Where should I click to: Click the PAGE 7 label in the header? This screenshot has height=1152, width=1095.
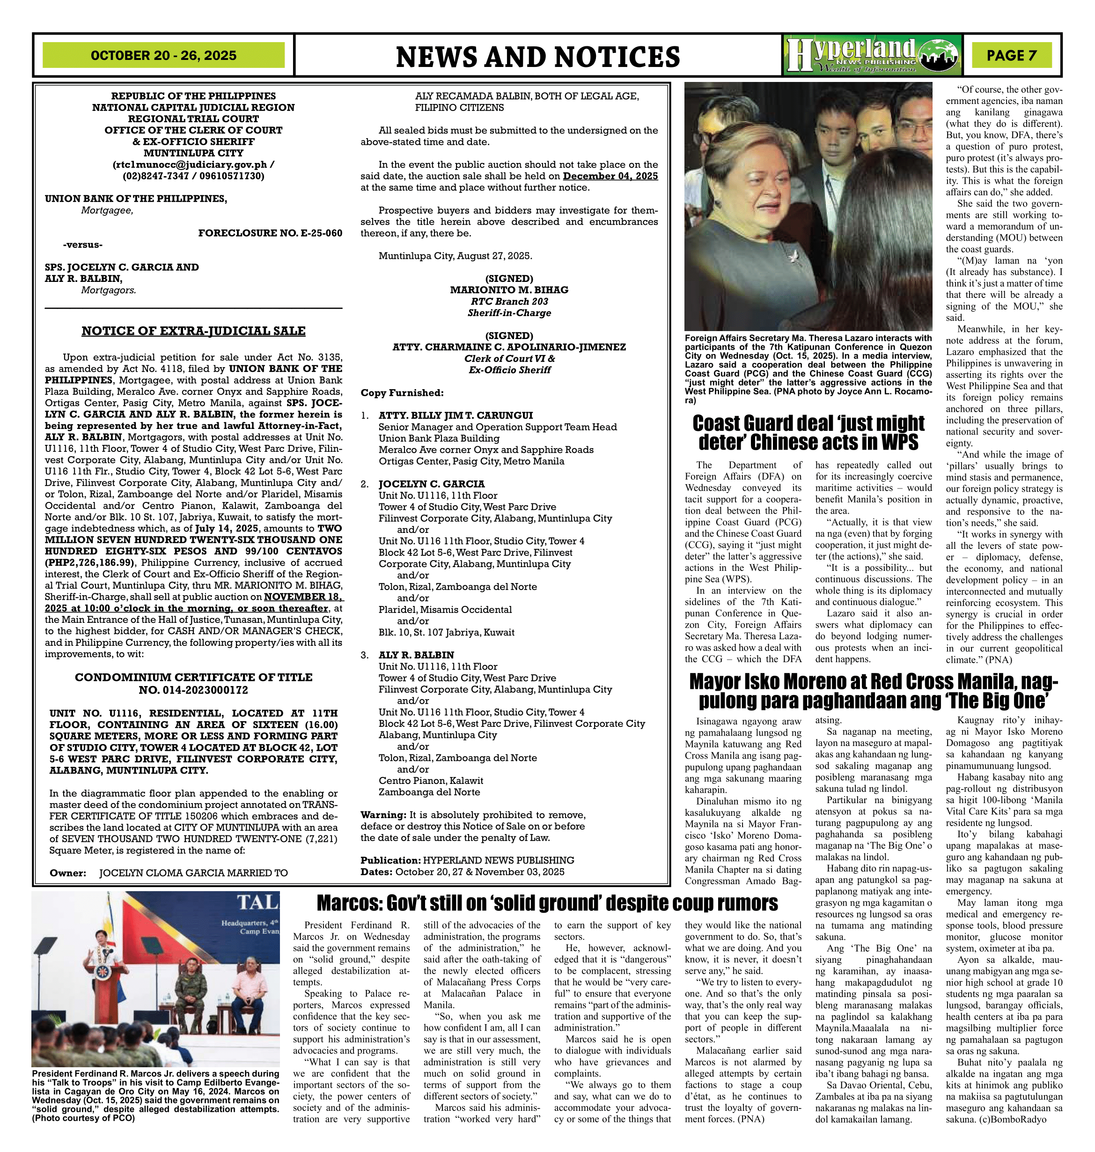point(1012,55)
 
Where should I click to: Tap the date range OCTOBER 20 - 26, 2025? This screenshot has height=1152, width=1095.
point(163,55)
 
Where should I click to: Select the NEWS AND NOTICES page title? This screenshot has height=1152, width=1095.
point(537,57)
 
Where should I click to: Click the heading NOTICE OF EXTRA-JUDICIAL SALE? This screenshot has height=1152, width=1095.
point(193,331)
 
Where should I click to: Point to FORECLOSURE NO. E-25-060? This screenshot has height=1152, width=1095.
point(270,233)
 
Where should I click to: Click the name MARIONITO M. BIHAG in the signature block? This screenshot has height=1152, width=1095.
point(509,289)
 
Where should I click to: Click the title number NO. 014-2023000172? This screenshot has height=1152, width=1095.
point(193,690)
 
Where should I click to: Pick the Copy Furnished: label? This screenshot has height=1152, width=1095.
point(402,393)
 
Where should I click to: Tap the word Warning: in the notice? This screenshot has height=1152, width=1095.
point(383,814)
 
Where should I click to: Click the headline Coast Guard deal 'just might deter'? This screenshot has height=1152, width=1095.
point(808,433)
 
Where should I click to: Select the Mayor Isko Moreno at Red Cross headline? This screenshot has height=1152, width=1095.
point(873,690)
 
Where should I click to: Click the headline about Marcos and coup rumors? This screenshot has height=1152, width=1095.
point(547,903)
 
